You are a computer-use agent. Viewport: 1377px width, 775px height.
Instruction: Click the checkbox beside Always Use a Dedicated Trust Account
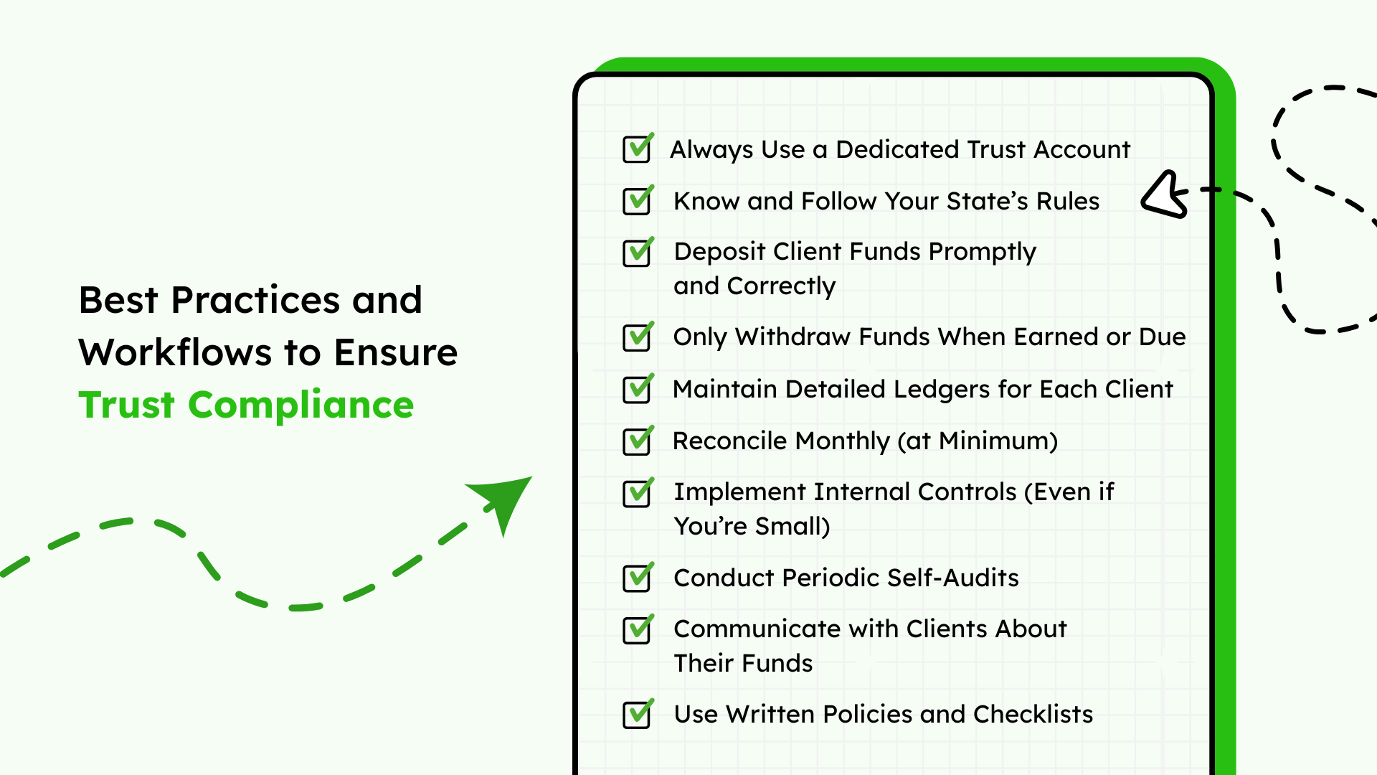click(x=638, y=149)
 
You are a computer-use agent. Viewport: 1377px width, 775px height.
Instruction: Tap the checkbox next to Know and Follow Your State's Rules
click(x=638, y=200)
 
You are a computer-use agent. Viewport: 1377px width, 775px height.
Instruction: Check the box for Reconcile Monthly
click(x=638, y=440)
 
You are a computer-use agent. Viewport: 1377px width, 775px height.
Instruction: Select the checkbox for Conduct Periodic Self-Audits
click(x=638, y=577)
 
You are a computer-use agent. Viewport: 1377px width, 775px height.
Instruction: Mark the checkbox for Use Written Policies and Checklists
click(x=638, y=713)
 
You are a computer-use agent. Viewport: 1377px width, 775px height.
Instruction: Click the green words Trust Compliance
click(x=246, y=405)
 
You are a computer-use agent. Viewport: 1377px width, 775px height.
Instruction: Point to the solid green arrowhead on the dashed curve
click(x=502, y=502)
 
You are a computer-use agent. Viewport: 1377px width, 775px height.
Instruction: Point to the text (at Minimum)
click(x=978, y=441)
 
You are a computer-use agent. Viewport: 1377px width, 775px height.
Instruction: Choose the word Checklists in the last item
click(x=1033, y=714)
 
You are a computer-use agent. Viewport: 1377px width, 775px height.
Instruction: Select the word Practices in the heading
click(x=256, y=299)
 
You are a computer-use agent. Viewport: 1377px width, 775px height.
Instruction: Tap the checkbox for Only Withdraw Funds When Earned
click(x=638, y=336)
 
